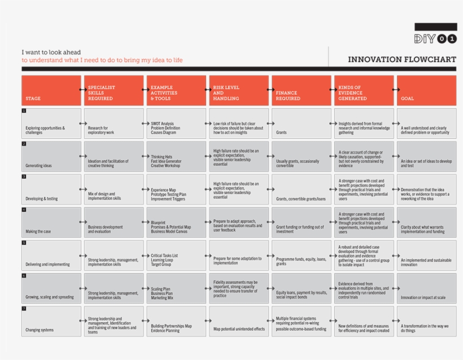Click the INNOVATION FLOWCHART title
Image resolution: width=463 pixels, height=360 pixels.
click(x=402, y=59)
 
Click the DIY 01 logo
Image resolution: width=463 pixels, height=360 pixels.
click(x=435, y=38)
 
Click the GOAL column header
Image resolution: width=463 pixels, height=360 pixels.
click(x=426, y=90)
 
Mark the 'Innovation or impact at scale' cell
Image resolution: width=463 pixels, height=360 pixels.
click(x=426, y=288)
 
